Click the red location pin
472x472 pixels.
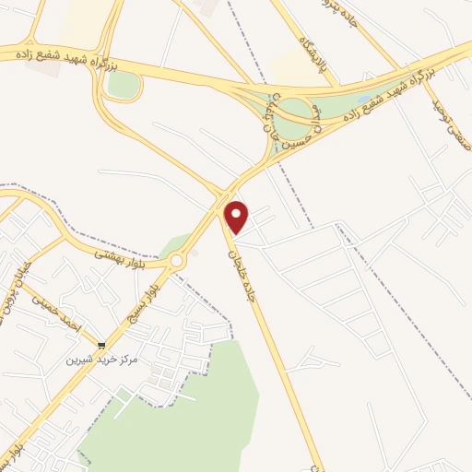(x=237, y=217)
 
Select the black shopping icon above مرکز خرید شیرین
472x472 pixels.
(x=101, y=347)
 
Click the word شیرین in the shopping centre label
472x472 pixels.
(x=79, y=360)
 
